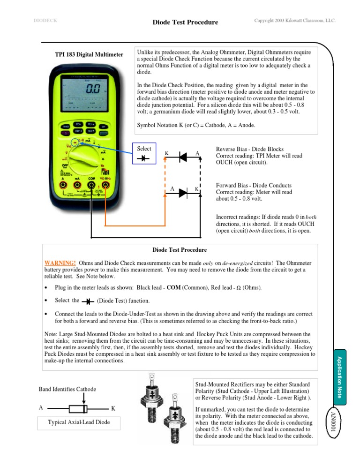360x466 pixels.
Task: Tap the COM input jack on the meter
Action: tap(92, 185)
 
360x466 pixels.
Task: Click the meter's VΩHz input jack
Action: tap(106, 185)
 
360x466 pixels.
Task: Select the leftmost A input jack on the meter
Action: tap(63, 185)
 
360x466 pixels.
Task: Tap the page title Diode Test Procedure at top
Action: tap(186, 23)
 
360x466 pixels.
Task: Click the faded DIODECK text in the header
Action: tap(45, 21)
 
